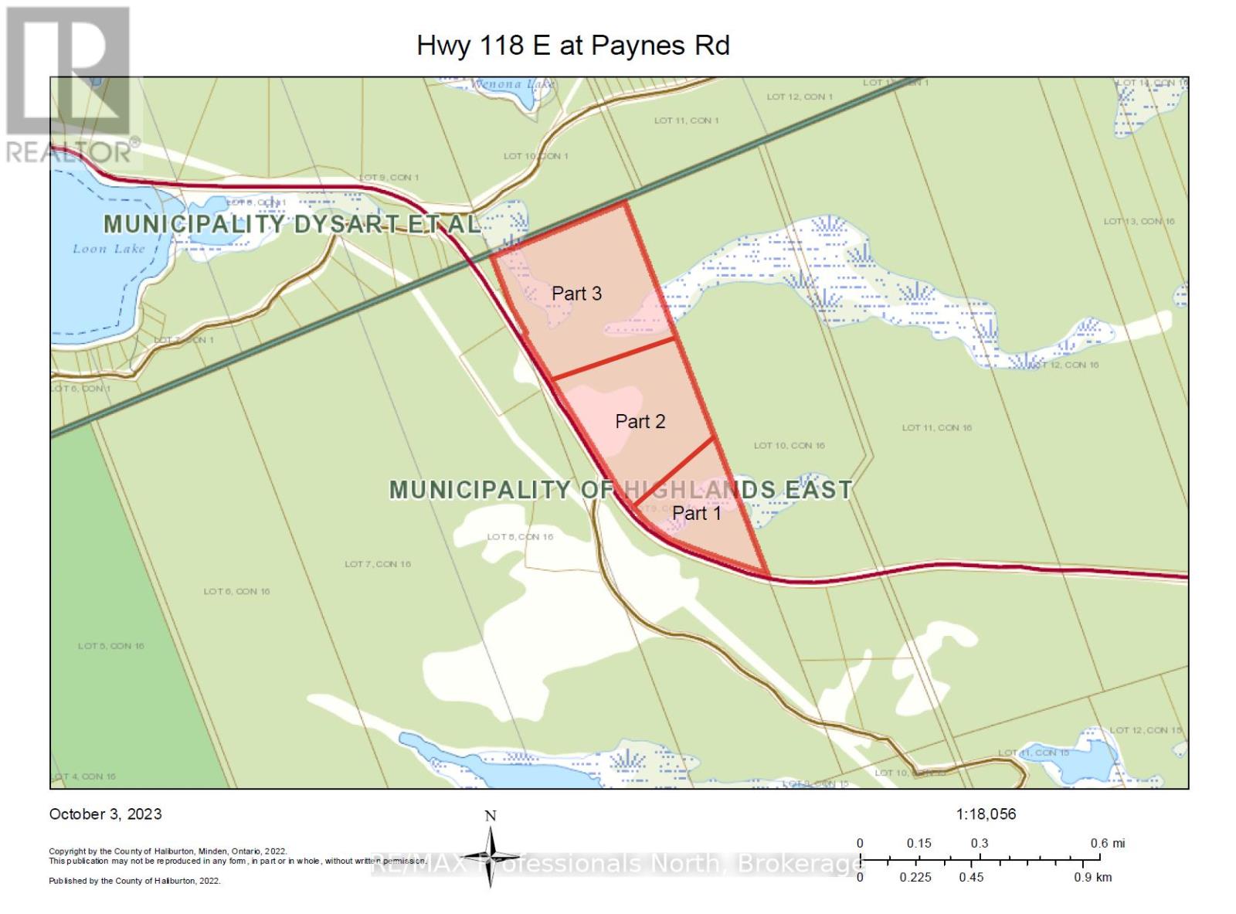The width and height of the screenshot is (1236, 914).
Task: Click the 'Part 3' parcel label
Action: (x=576, y=294)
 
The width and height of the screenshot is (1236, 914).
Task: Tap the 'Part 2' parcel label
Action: (x=640, y=421)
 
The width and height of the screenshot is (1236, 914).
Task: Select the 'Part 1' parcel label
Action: (x=696, y=513)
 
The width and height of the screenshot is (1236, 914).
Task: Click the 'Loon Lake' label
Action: (x=109, y=249)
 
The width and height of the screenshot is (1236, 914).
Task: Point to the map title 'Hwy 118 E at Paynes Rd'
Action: (x=572, y=46)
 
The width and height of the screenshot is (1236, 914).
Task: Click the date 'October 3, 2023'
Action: (x=106, y=814)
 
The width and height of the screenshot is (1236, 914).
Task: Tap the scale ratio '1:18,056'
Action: (x=986, y=814)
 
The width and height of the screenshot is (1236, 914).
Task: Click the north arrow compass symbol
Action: (x=491, y=856)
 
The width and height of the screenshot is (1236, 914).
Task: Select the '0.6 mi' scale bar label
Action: (x=1107, y=843)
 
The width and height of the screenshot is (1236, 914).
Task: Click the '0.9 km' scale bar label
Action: (x=1092, y=877)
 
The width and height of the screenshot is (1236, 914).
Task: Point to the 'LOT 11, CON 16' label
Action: (x=936, y=427)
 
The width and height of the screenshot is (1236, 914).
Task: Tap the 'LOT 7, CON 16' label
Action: (x=378, y=564)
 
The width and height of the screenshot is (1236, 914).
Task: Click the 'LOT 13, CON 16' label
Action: (x=1139, y=222)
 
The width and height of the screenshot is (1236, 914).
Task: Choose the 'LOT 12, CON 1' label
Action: (x=800, y=97)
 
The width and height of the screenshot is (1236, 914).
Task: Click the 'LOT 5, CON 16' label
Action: (x=110, y=646)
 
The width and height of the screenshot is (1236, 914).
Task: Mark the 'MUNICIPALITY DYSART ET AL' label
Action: (x=292, y=224)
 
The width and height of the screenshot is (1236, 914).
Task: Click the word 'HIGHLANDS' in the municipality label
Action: (x=699, y=490)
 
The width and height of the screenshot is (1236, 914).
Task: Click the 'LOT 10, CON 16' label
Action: (x=789, y=445)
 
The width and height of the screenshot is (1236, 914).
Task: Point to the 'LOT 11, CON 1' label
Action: (x=686, y=121)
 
